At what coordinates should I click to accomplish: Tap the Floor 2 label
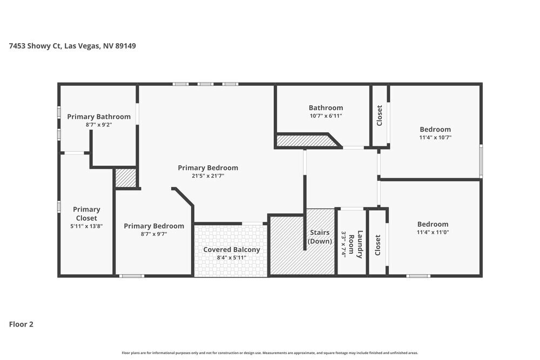pyautogui.click(x=21, y=324)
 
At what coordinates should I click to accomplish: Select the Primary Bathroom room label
pyautogui.click(x=99, y=117)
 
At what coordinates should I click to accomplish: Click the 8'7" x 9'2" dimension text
pyautogui.click(x=99, y=125)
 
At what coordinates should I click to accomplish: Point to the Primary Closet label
pyautogui.click(x=86, y=213)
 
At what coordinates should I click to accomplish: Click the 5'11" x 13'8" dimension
pyautogui.click(x=86, y=226)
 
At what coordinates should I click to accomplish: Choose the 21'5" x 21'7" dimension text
pyautogui.click(x=208, y=176)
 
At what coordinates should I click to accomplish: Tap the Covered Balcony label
pyautogui.click(x=231, y=249)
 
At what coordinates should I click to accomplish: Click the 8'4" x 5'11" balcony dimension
pyautogui.click(x=231, y=257)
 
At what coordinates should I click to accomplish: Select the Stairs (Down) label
pyautogui.click(x=320, y=237)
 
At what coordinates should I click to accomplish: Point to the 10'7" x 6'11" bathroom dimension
pyautogui.click(x=326, y=116)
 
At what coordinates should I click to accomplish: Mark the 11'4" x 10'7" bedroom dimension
pyautogui.click(x=435, y=138)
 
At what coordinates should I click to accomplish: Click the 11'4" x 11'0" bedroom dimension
pyautogui.click(x=433, y=233)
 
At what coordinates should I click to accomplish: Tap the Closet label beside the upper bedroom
pyautogui.click(x=380, y=116)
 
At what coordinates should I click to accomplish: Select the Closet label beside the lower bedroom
pyautogui.click(x=378, y=245)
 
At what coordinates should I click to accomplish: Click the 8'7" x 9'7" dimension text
pyautogui.click(x=154, y=234)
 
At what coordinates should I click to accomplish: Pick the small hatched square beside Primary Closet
pyautogui.click(x=126, y=178)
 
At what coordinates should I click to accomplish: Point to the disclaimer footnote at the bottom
pyautogui.click(x=269, y=352)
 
